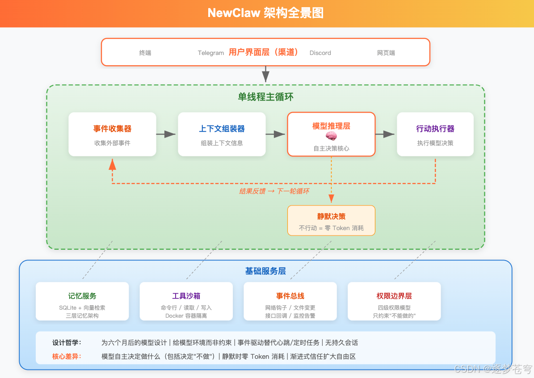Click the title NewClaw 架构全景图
coord(265,13)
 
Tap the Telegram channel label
coord(210,53)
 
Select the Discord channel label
coord(320,53)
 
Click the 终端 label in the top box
coord(145,53)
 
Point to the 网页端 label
coord(386,53)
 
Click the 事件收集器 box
coord(112,134)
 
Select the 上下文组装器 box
coord(222,134)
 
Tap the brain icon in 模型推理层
coord(331,137)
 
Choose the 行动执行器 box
coord(435,134)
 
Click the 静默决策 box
coord(331,220)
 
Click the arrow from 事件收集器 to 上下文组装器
coord(167,134)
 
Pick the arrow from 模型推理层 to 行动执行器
coord(386,134)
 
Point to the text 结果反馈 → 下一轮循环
coord(274,191)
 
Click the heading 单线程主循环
coord(265,97)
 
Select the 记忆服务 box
coord(82,301)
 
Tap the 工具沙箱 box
coord(186,301)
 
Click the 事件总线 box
coord(290,301)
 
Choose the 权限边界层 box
coord(394,301)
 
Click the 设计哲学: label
coord(67,343)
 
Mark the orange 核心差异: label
coord(67,357)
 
